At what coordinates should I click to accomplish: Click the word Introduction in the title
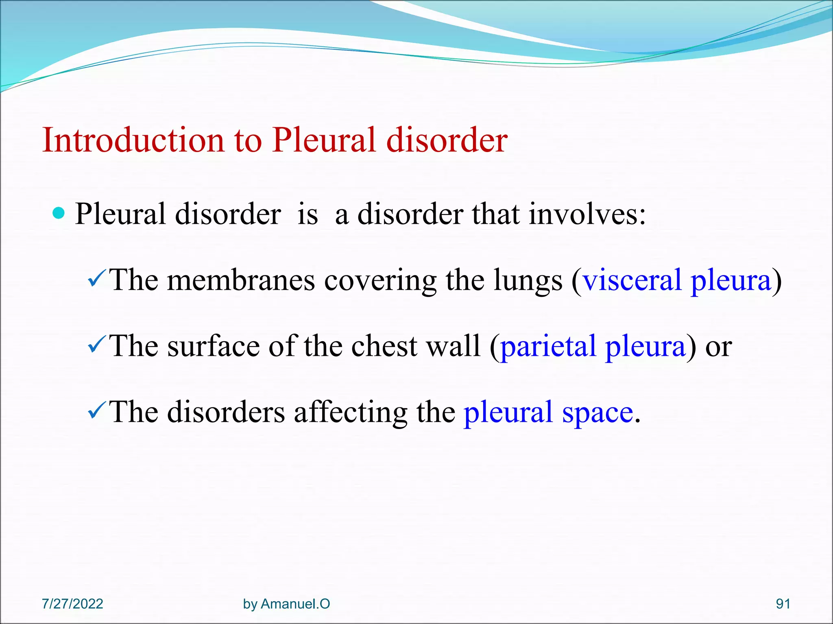tap(133, 140)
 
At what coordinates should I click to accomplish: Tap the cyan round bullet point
tap(59, 212)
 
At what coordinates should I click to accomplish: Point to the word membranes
tap(241, 280)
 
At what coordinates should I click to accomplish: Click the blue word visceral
tap(632, 280)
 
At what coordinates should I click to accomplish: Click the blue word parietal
tap(548, 347)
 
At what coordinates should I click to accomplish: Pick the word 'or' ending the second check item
tap(718, 347)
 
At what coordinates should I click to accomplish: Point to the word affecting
tap(350, 413)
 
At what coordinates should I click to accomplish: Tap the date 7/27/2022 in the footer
tap(72, 604)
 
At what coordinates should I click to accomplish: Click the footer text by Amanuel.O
tap(286, 604)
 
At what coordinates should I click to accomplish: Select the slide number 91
tap(783, 604)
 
